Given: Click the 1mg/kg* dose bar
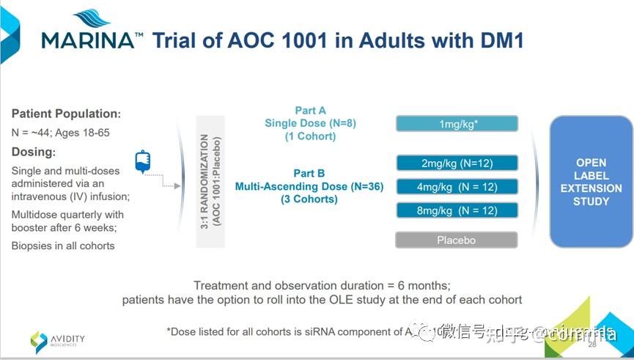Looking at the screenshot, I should tap(457, 123).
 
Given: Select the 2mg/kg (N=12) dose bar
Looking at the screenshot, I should tap(457, 163).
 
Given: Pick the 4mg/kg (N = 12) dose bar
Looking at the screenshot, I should tap(457, 187).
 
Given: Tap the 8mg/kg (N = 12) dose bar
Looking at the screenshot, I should tap(457, 210).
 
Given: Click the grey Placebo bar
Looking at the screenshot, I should tap(457, 240).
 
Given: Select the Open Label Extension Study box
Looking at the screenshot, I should tap(591, 182).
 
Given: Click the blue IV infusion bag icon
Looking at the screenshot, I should tap(142, 161).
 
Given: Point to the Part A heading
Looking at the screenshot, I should tap(310, 110).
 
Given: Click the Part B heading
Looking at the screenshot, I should tap(309, 173).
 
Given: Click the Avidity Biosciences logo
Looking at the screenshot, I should tap(58, 340).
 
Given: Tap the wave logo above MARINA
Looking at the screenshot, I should tap(92, 18).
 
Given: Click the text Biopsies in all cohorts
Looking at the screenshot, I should tap(63, 246).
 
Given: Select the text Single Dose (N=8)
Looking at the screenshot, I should tap(310, 123).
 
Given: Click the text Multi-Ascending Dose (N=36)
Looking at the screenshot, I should tap(309, 186).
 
